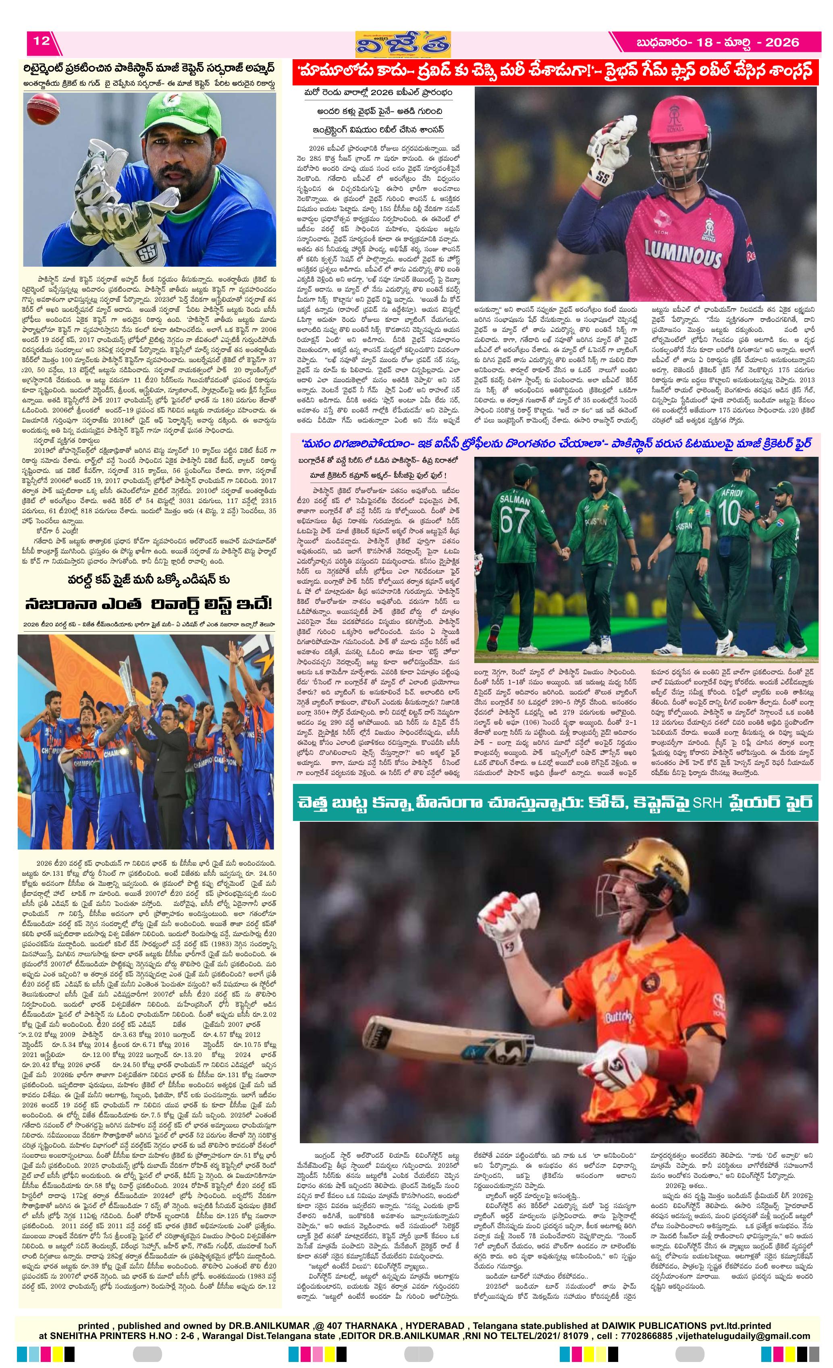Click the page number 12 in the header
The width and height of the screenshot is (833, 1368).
click(42, 41)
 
